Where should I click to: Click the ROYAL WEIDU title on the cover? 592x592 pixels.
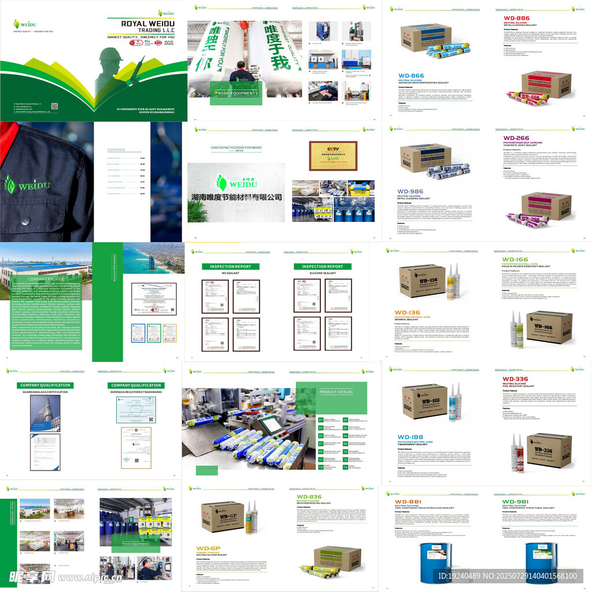click(147, 24)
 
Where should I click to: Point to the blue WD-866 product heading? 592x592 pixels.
click(411, 76)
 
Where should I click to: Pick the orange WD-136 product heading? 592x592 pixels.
click(408, 312)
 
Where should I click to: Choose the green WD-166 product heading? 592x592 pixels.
click(515, 260)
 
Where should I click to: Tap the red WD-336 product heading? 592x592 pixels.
click(515, 379)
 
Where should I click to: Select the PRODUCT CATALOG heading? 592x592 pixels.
click(336, 391)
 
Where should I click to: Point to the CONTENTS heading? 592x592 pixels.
click(116, 150)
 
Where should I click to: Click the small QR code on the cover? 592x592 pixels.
click(55, 106)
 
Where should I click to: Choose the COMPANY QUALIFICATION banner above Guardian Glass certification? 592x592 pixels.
click(45, 385)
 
